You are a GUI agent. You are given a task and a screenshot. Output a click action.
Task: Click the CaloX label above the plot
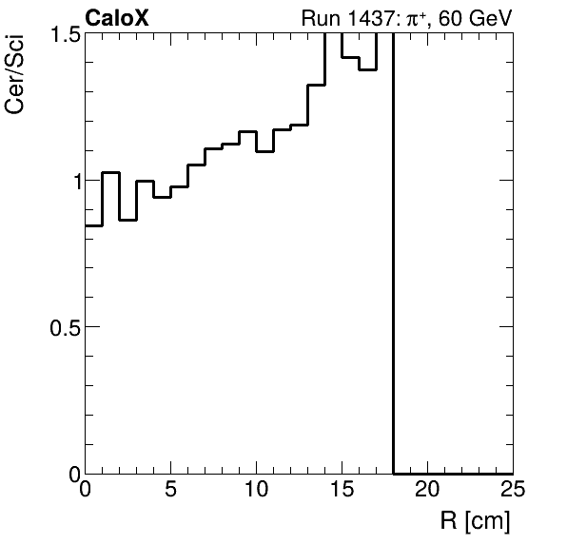point(116,18)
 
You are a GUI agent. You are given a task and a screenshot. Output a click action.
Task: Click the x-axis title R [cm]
point(475,521)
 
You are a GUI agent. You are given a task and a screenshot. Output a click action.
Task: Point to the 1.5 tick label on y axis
point(63,34)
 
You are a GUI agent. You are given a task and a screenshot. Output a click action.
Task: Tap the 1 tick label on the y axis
point(72,181)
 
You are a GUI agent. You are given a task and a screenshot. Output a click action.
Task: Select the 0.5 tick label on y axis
point(63,327)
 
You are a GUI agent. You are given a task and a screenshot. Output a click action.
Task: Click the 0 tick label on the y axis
point(72,473)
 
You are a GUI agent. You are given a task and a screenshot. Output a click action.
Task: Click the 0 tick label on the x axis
point(86,491)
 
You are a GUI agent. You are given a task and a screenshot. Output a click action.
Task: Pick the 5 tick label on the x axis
point(171,491)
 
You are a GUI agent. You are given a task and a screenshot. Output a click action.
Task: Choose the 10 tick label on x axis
point(256,491)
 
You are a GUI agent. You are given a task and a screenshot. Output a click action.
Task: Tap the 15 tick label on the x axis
point(342,491)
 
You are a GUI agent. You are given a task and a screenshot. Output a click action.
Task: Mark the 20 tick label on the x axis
point(427,491)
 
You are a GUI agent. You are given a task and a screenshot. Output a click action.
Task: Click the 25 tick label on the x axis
point(512,491)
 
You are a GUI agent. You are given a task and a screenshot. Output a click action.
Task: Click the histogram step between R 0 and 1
point(94,225)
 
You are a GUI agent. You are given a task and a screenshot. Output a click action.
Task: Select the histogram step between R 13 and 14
point(317,85)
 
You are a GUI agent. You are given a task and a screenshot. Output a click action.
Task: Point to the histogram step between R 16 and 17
point(367,69)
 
